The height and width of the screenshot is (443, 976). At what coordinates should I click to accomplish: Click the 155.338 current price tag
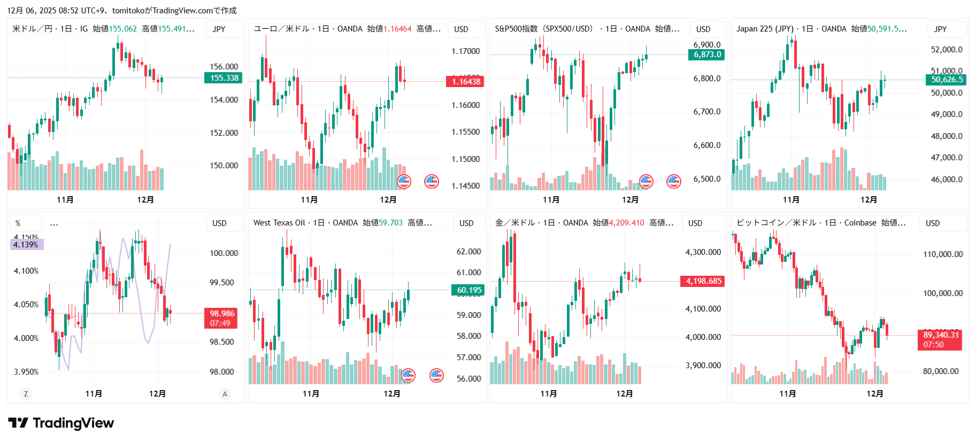(x=224, y=78)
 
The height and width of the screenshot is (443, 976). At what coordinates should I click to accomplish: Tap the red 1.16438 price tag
(x=465, y=82)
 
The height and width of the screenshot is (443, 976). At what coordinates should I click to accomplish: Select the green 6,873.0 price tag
(x=706, y=55)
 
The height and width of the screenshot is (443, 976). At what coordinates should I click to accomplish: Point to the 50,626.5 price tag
(x=947, y=80)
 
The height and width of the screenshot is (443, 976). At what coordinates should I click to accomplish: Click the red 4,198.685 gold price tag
(x=703, y=281)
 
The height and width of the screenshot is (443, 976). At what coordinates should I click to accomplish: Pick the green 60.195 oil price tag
(x=468, y=290)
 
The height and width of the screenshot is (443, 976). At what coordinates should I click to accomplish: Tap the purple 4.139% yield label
(x=26, y=245)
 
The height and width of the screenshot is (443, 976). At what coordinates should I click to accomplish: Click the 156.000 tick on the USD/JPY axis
(x=224, y=67)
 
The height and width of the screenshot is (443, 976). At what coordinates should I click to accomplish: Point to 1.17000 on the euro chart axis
(x=465, y=51)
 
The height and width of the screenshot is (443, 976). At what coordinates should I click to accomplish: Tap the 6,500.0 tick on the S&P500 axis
(x=706, y=179)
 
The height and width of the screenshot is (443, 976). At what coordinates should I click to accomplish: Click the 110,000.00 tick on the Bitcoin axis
(x=942, y=254)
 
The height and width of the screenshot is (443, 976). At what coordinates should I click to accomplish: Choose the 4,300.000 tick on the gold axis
(x=703, y=252)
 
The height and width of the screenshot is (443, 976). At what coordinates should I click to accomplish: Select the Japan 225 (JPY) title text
(x=765, y=29)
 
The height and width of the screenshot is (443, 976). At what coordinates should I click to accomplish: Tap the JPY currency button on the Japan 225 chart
(x=940, y=29)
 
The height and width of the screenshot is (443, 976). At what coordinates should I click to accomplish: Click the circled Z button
(x=26, y=394)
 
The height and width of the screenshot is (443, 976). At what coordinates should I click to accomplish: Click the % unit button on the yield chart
(x=18, y=223)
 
